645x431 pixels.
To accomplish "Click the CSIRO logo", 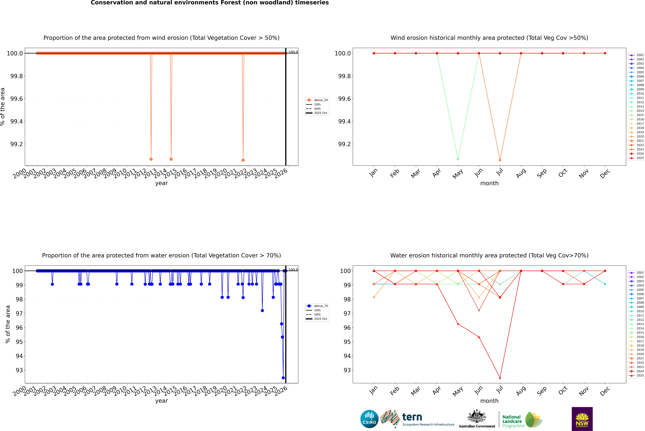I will (x=369, y=419).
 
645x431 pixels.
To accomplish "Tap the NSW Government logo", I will (x=582, y=419).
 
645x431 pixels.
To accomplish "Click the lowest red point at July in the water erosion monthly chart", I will (x=500, y=378).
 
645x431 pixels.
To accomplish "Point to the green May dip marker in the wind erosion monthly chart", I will (x=458, y=159).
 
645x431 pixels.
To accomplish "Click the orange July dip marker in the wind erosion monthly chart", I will (x=500, y=160).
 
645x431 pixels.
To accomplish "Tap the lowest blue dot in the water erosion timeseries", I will (x=283, y=378).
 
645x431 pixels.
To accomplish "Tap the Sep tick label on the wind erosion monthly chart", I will (x=542, y=173).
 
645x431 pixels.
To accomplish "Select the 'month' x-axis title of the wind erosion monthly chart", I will (x=489, y=183).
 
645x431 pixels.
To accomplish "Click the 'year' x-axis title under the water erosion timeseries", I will (x=161, y=401).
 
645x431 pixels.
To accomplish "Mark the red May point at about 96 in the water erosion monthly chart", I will (x=458, y=324).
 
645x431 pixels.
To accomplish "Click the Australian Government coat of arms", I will (x=476, y=417).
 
